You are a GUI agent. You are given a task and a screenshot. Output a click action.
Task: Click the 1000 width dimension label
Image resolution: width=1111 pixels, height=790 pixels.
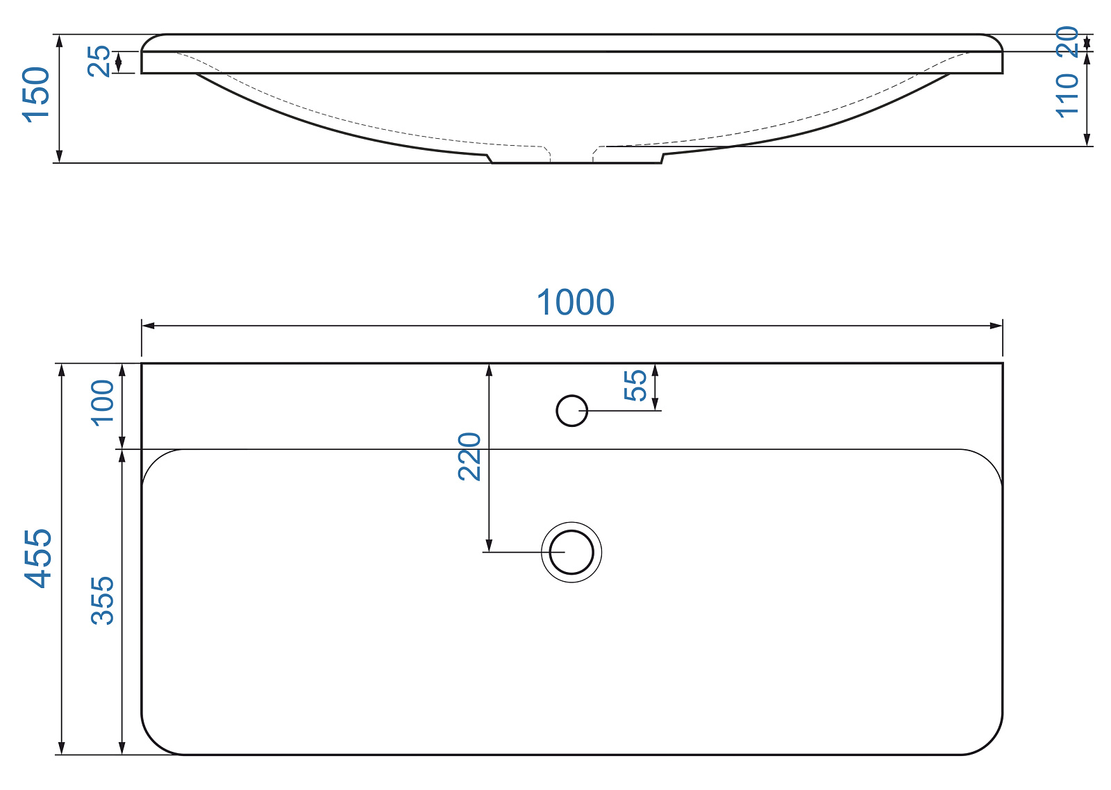[576, 302]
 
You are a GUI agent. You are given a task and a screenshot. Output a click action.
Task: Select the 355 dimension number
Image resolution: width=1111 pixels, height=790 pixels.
[103, 600]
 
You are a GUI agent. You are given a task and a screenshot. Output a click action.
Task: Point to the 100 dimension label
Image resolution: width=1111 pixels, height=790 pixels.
[103, 402]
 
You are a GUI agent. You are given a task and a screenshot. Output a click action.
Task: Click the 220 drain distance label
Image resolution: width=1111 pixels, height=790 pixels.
[469, 456]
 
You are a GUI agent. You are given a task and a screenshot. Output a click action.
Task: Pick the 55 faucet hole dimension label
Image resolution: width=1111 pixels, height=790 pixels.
[635, 385]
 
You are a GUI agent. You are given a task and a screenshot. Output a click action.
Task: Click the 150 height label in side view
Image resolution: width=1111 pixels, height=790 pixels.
[35, 94]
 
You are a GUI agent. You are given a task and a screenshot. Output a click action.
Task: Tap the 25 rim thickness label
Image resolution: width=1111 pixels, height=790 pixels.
[99, 61]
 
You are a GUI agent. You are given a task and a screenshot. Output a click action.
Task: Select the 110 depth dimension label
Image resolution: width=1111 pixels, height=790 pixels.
[1067, 96]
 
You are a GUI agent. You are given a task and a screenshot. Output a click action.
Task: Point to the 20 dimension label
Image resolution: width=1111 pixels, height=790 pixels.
[1067, 42]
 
